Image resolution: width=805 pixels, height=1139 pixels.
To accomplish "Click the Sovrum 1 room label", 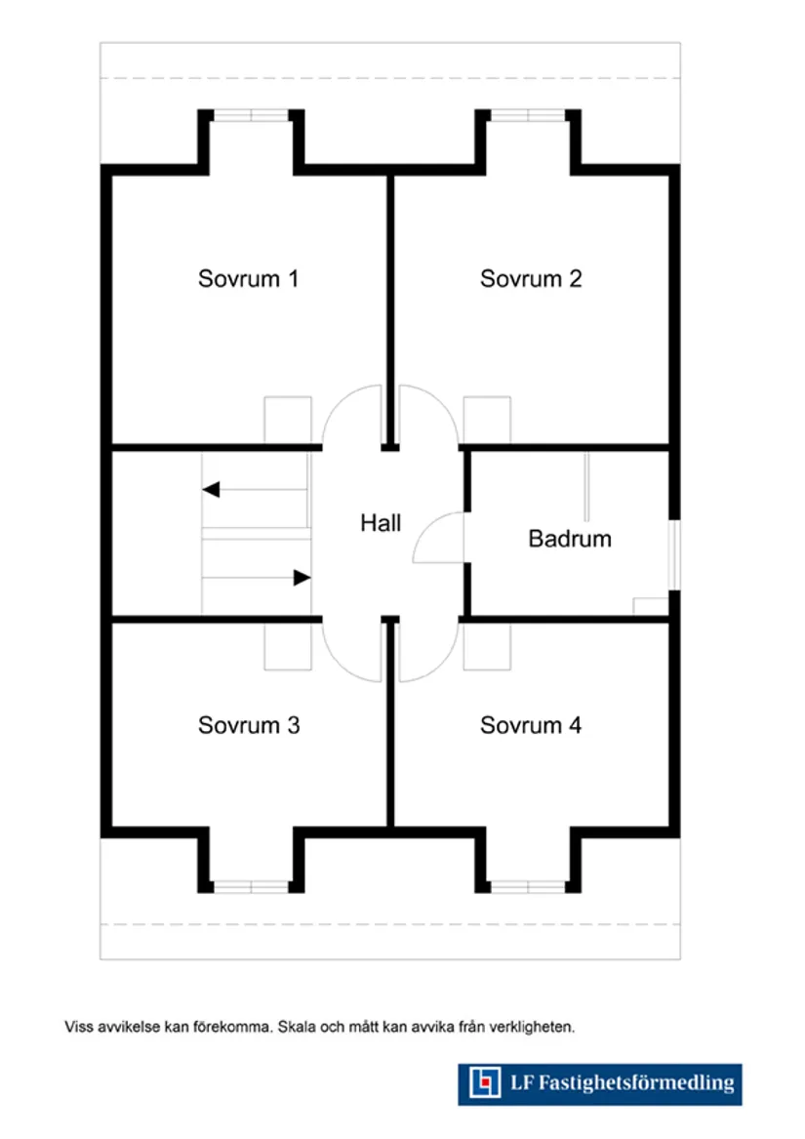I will tap(248, 279).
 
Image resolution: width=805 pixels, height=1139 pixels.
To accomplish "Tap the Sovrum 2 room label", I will tap(531, 279).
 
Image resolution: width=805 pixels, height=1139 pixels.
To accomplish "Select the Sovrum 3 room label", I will tap(248, 726).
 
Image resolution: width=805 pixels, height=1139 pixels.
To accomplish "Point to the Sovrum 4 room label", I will tap(531, 726).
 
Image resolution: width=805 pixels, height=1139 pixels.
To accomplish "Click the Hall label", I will tap(381, 523).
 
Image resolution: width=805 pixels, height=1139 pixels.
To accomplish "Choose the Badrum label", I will tap(570, 539).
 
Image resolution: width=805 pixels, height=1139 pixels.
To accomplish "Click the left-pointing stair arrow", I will tap(211, 490).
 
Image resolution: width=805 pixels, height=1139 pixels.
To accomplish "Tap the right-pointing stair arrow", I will tap(302, 578).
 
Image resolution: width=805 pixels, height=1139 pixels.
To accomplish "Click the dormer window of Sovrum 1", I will tap(252, 115).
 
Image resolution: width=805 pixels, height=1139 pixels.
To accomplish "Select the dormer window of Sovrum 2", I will tap(528, 115).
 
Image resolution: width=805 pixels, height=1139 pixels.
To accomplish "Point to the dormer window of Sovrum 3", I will tap(252, 886).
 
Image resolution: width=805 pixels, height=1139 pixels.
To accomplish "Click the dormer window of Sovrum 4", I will tap(528, 886).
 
